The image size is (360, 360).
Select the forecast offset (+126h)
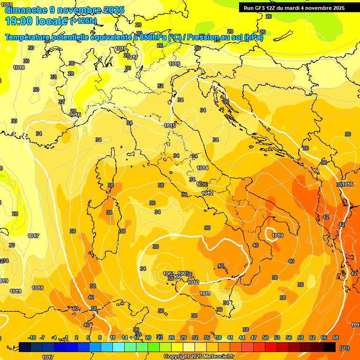(83, 21)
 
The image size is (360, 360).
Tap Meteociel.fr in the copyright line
(216, 357)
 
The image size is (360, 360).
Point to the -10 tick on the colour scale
(32, 337)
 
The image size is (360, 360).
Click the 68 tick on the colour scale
(336, 337)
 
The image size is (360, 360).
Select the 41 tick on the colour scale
(230, 337)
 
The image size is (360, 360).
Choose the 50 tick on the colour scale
(265, 337)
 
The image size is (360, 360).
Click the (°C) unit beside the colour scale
(345, 348)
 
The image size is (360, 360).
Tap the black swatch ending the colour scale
(330, 347)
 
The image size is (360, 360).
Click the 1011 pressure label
(205, 293)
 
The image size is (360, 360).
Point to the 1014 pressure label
(202, 168)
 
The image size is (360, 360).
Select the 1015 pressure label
(170, 126)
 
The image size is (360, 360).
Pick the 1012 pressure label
(207, 193)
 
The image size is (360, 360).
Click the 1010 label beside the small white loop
(277, 235)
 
